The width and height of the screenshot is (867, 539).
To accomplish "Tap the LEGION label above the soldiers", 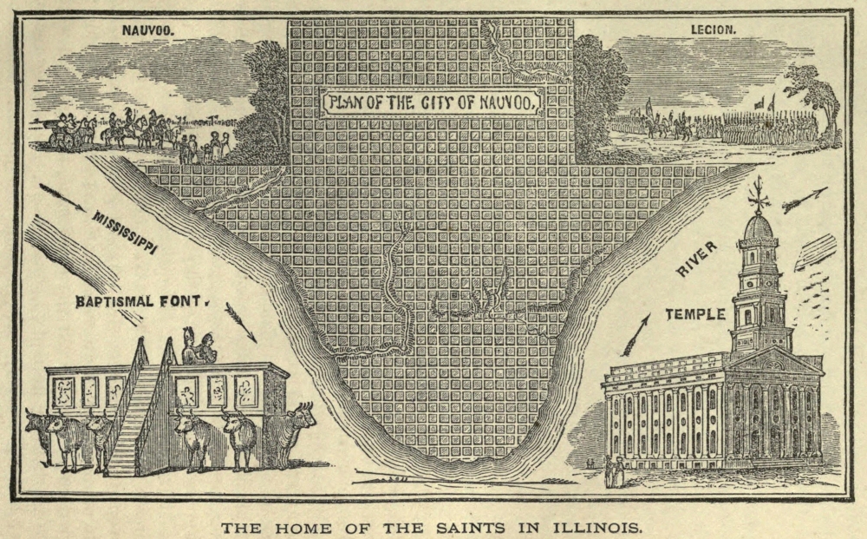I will [713, 30].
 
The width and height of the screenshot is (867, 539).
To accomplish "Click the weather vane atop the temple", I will [759, 194].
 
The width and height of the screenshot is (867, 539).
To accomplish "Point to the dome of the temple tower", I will [759, 227].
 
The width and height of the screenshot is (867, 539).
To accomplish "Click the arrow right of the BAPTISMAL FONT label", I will [240, 321].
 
